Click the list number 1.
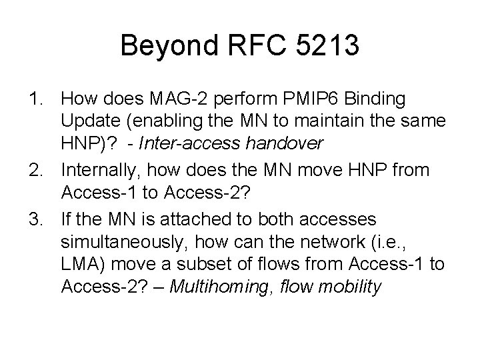[x=37, y=99]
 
